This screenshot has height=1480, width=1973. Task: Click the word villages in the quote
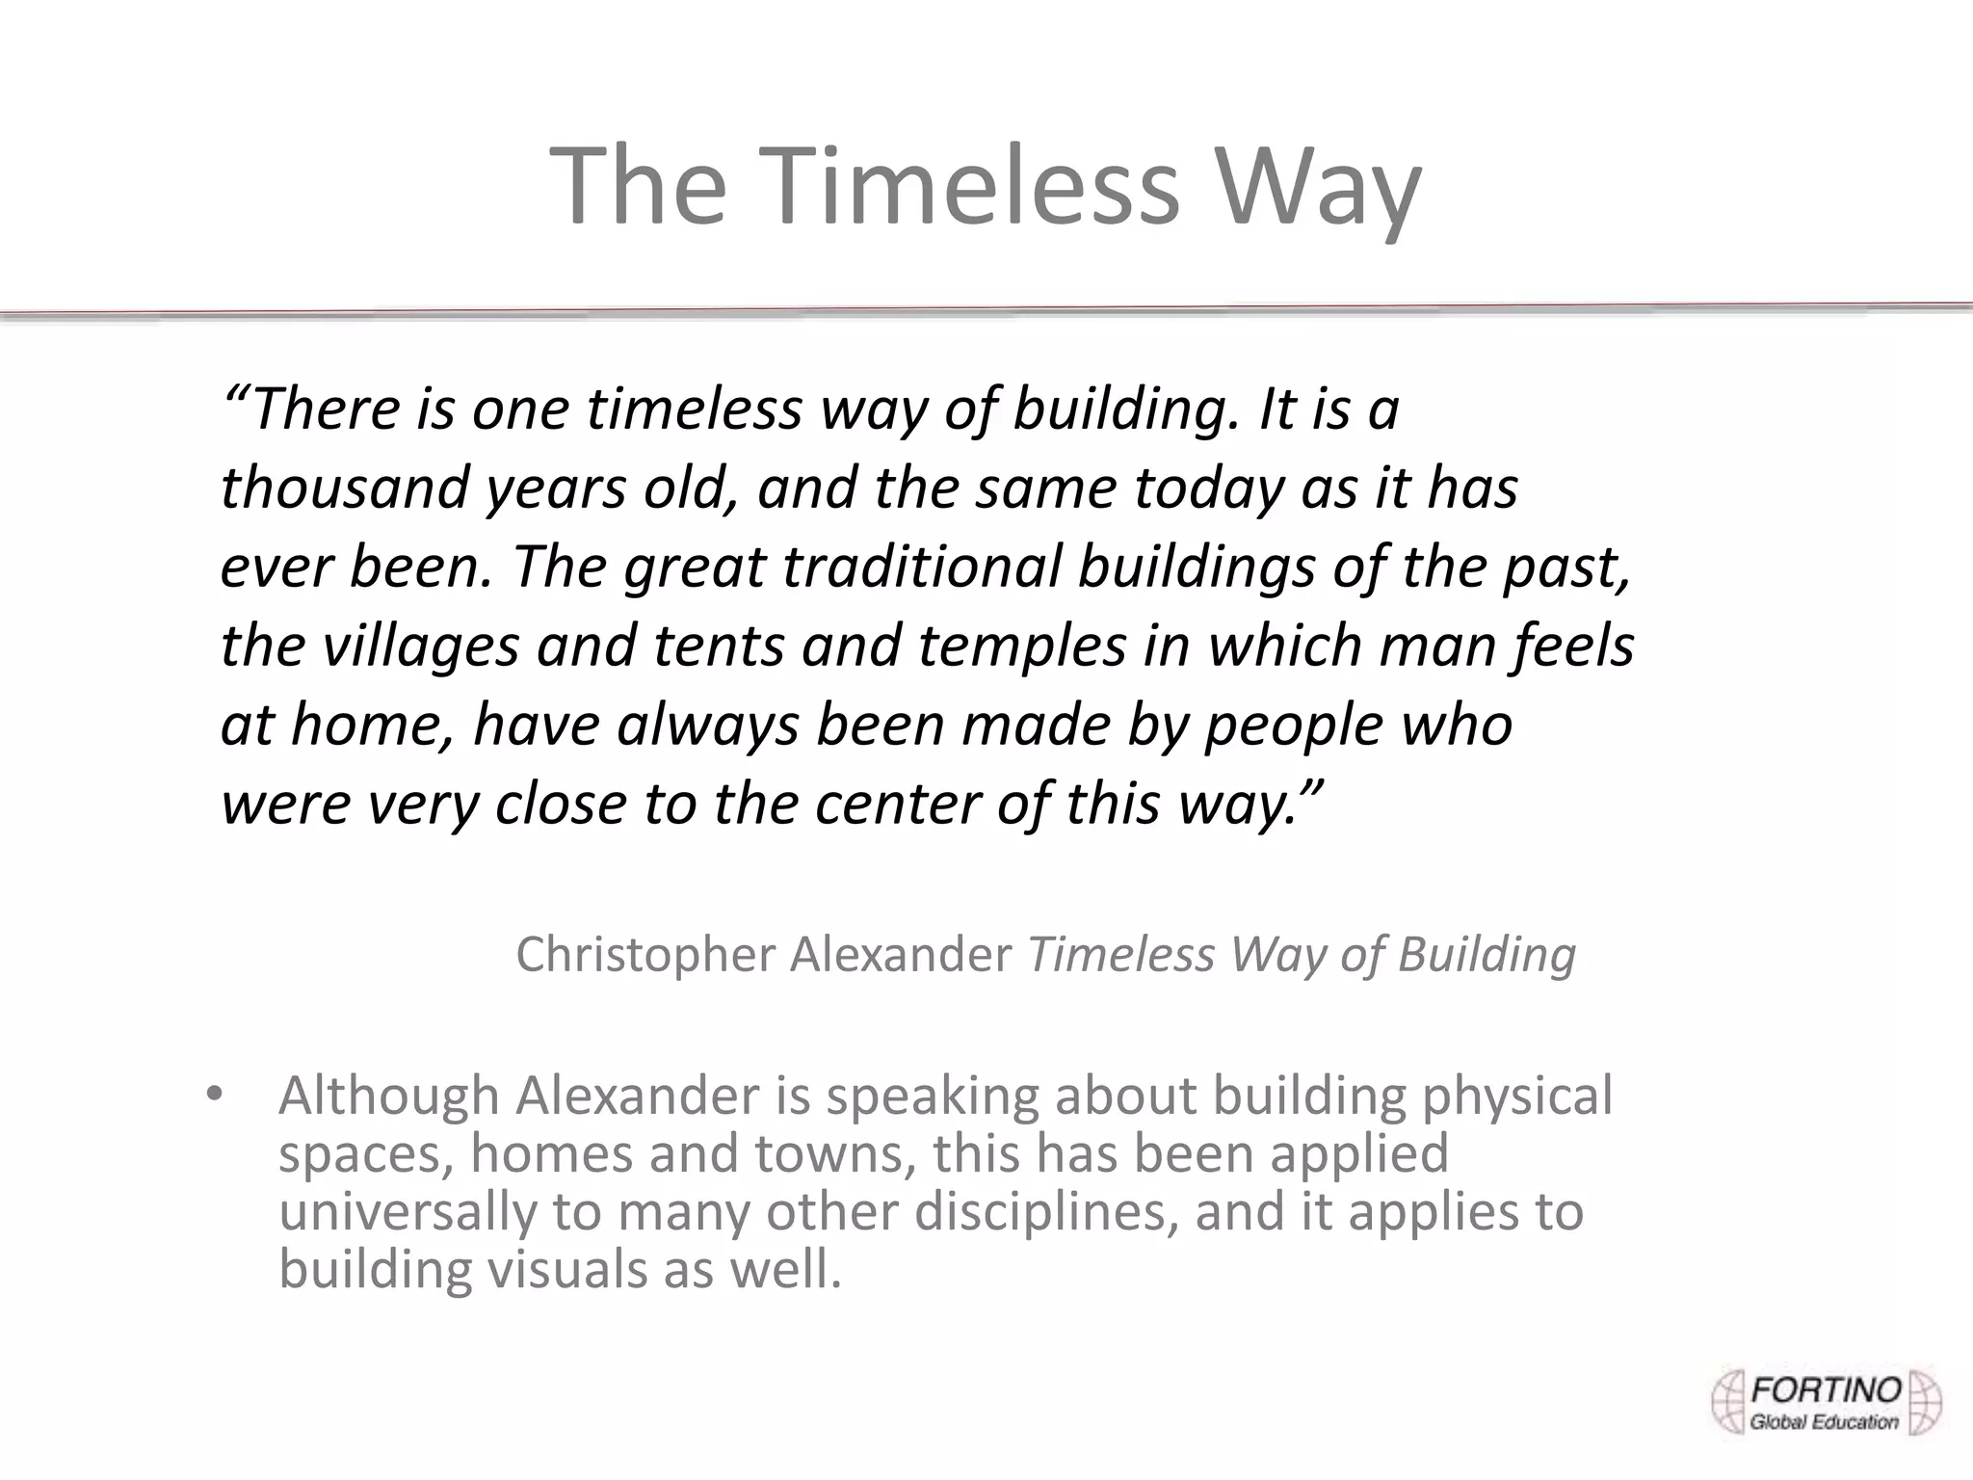coord(420,647)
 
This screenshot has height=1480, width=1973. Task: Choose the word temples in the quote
coord(1021,647)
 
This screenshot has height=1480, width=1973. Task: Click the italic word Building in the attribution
coord(1486,955)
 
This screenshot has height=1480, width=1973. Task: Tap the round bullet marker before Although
coord(214,1095)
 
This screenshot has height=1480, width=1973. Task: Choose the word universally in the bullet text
coord(407,1212)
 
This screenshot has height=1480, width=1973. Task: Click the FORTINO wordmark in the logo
coord(1826,1390)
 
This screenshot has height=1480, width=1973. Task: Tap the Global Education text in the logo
coord(1824,1422)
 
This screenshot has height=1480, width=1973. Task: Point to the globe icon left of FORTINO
coord(1729,1402)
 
